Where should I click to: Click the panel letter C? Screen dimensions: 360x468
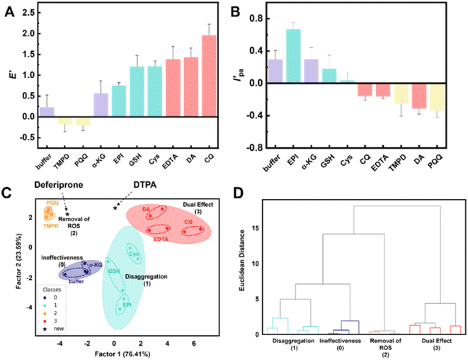coord(6,192)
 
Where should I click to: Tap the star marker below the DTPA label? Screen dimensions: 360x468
coord(115,208)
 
